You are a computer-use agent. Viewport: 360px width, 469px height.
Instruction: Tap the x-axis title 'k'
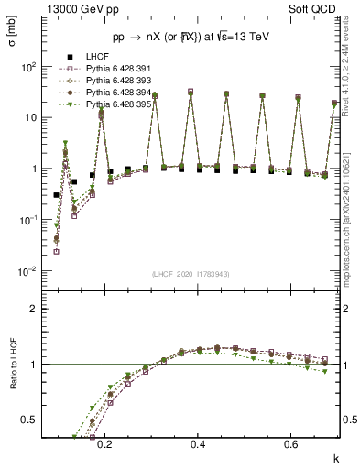click(x=334, y=458)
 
